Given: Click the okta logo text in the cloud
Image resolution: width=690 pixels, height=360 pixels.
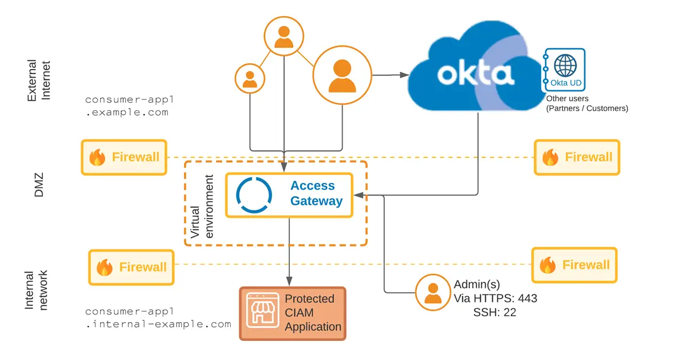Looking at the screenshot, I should (474, 74).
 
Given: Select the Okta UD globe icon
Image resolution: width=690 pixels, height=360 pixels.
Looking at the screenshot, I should (565, 65).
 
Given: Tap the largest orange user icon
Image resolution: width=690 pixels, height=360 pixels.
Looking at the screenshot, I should (342, 75).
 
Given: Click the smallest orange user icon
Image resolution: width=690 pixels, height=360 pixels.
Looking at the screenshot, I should (250, 79).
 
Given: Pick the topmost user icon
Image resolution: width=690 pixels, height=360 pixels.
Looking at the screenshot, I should (284, 36).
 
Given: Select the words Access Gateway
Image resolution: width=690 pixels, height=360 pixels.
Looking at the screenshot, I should (316, 193).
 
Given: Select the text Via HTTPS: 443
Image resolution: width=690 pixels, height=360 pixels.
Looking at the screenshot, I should (495, 298).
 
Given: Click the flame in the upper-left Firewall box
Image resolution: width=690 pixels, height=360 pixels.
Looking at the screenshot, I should (97, 157).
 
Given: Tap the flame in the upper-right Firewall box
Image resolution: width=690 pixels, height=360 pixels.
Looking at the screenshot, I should (550, 157).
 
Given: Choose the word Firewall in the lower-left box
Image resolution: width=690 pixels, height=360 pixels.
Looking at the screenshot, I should (143, 267).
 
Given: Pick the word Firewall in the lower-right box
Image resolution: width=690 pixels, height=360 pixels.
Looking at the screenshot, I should (585, 265).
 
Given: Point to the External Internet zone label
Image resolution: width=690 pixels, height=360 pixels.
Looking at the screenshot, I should (39, 80).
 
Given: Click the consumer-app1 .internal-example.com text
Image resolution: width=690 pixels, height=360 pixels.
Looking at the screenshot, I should (158, 317).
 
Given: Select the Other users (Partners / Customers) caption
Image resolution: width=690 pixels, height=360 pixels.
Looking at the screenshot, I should (586, 104).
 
